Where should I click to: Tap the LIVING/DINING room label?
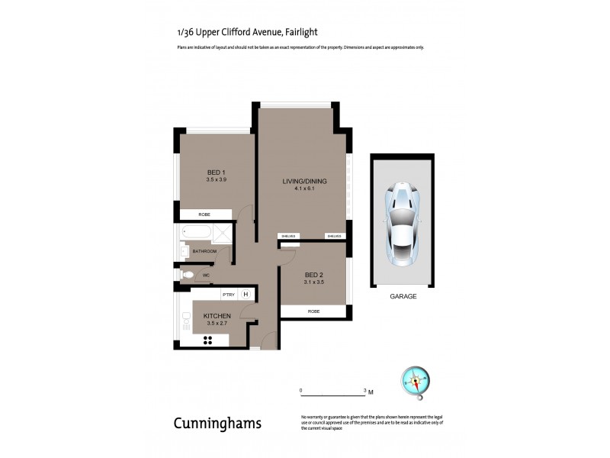tap(304, 181)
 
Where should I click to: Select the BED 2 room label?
tap(315, 275)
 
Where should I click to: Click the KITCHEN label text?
tap(217, 316)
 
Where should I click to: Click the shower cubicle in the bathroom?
tap(220, 234)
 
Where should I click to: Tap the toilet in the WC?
tap(187, 275)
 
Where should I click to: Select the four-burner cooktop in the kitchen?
tap(208, 340)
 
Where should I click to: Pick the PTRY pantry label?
tap(228, 295)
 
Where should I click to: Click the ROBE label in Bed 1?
tap(205, 215)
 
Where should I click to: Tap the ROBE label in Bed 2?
tap(313, 311)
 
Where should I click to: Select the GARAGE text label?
tap(403, 296)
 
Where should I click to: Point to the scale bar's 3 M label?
tap(368, 391)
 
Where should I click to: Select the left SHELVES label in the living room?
tap(287, 236)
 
